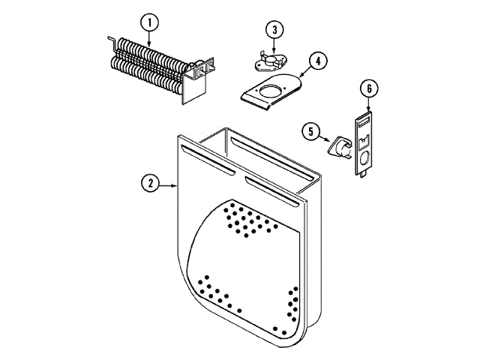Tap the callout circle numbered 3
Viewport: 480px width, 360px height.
[275, 30]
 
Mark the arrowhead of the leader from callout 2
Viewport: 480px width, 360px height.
[178, 184]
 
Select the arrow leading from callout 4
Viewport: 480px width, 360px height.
[299, 76]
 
